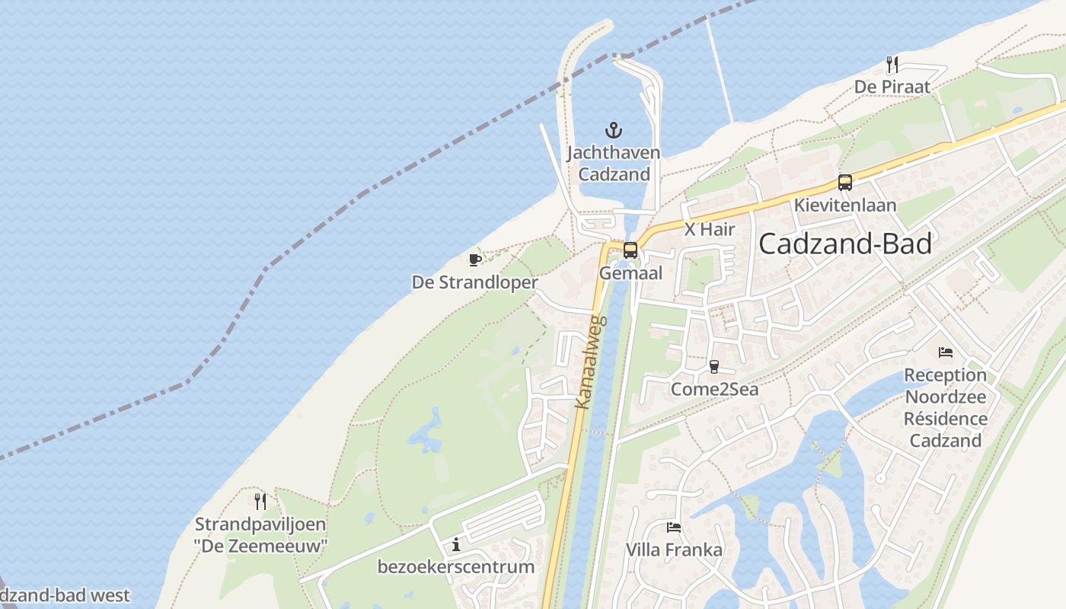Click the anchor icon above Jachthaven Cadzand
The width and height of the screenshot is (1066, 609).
[x=614, y=130]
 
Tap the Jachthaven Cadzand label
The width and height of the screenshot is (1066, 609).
[x=614, y=163]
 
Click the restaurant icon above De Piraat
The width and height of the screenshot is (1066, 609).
[x=892, y=65]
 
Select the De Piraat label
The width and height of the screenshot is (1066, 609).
[x=892, y=87]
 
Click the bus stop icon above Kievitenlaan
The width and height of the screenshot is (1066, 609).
[x=844, y=183]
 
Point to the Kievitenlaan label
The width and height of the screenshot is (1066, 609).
[x=845, y=205]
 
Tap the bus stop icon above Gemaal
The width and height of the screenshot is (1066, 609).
[x=630, y=250]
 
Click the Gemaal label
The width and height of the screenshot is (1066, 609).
[x=630, y=273]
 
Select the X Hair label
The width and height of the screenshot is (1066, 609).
[x=710, y=228]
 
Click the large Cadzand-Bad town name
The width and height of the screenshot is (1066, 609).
[x=845, y=244]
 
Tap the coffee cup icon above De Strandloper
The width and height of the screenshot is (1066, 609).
[x=475, y=260]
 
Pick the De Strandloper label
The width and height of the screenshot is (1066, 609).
[x=475, y=282]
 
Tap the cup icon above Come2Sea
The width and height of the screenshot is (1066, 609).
[x=713, y=366]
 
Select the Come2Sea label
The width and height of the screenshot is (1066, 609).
[x=714, y=389]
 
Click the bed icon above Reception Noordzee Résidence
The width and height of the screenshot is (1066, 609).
[x=946, y=352]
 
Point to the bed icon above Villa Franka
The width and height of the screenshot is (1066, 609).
[x=674, y=527]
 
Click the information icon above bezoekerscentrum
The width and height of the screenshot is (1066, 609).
[x=456, y=544]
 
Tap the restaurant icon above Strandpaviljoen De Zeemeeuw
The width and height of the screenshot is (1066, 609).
[x=260, y=501]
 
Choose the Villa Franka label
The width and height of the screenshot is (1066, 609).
[x=674, y=550]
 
